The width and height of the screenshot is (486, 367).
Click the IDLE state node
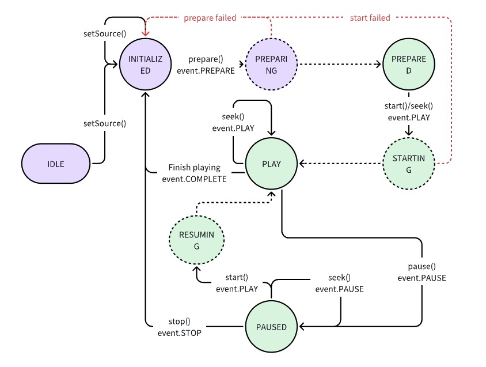[56, 164]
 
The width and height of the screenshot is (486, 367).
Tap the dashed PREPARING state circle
[271, 65]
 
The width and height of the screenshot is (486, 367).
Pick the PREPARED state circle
[409, 65]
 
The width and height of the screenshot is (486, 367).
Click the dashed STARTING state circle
[409, 164]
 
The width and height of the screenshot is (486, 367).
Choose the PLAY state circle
[271, 164]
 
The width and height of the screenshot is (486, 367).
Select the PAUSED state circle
[271, 327]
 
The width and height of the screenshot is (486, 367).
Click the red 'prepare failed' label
[210, 18]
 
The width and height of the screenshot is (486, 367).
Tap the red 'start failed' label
[370, 18]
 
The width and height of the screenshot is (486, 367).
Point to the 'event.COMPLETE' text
[194, 179]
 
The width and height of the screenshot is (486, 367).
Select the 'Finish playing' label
[194, 168]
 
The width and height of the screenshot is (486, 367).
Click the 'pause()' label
[422, 266]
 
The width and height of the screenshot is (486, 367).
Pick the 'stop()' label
[179, 321]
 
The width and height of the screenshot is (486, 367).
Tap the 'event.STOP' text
[179, 332]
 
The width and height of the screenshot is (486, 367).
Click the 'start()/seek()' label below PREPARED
[409, 106]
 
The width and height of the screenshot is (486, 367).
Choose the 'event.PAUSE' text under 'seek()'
[339, 289]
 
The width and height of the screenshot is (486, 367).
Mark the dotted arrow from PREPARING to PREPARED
[340, 65]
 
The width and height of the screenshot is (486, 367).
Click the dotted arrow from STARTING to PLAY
[340, 164]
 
